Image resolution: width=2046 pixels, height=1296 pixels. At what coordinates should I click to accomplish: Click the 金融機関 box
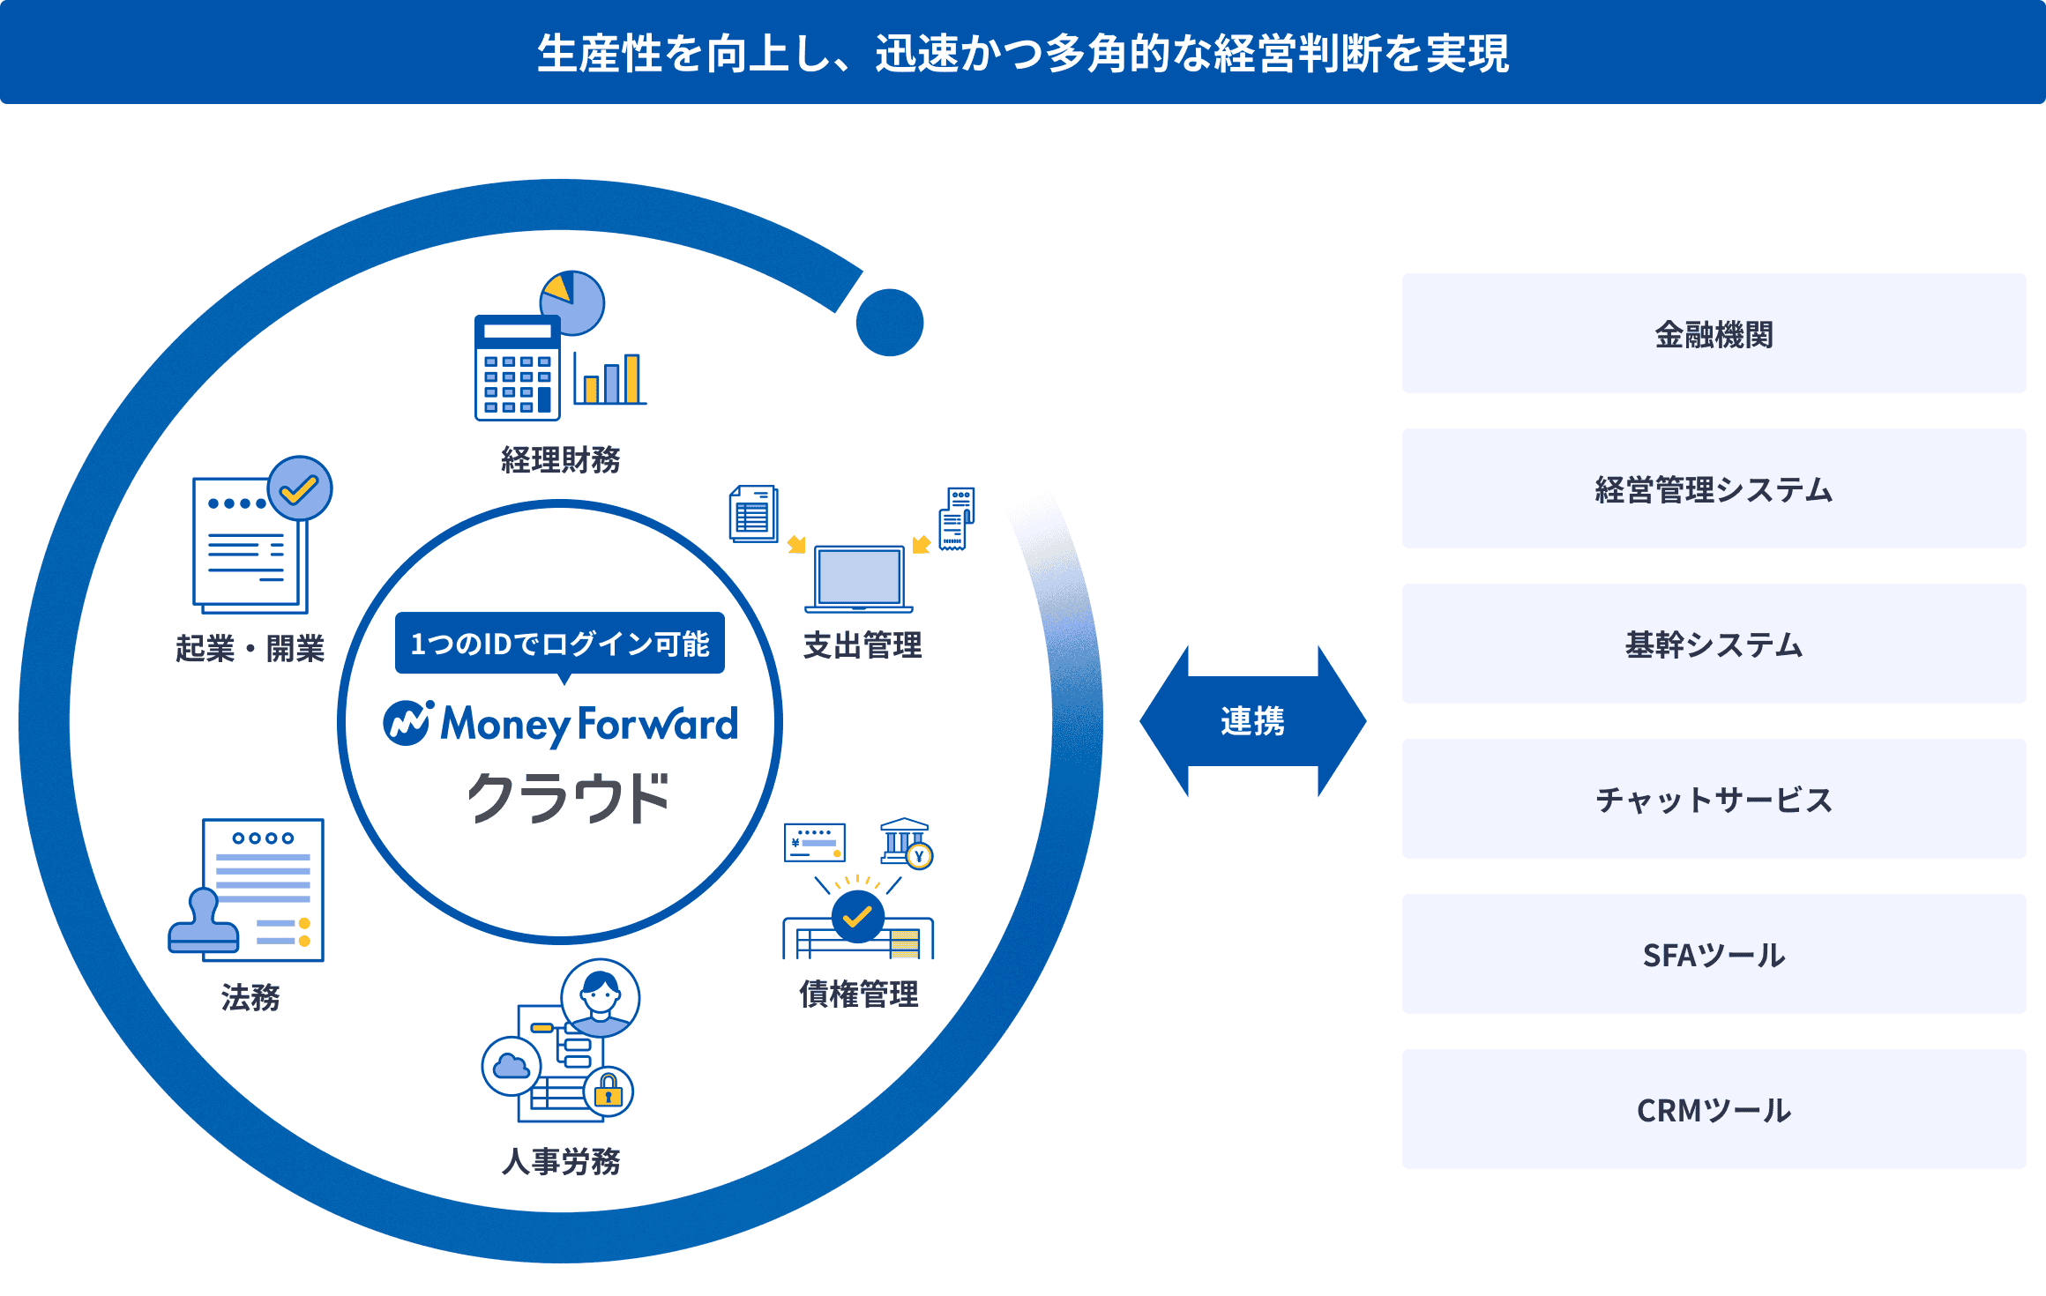tap(1714, 334)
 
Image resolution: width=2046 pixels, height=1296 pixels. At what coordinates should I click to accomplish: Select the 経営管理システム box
tap(1714, 489)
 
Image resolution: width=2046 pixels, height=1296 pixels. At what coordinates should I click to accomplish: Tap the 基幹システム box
tap(1714, 644)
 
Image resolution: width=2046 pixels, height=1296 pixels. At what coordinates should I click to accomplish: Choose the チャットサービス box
tap(1714, 800)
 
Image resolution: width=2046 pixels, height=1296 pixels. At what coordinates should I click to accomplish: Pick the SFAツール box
tap(1714, 955)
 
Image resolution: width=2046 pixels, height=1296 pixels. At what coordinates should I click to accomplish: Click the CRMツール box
tap(1714, 1110)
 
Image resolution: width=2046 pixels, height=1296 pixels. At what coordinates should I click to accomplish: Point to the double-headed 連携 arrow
tap(1252, 721)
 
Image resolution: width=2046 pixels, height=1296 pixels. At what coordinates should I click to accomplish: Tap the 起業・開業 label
tap(250, 649)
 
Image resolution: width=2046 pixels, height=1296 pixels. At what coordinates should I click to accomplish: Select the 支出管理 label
tap(862, 645)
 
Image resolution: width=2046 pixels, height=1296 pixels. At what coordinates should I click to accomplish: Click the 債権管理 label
tap(859, 994)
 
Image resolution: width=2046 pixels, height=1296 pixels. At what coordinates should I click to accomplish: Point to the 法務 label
tap(250, 998)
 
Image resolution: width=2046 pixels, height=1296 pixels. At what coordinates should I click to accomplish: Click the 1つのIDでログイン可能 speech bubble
tap(560, 644)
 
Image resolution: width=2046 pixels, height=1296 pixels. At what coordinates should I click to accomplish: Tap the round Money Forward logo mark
tap(407, 723)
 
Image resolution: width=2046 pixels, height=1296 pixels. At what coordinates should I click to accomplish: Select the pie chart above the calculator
tap(573, 302)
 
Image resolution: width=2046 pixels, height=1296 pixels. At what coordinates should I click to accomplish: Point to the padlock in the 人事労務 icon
tap(609, 1091)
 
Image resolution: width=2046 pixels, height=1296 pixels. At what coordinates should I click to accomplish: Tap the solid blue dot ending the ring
tap(890, 323)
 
